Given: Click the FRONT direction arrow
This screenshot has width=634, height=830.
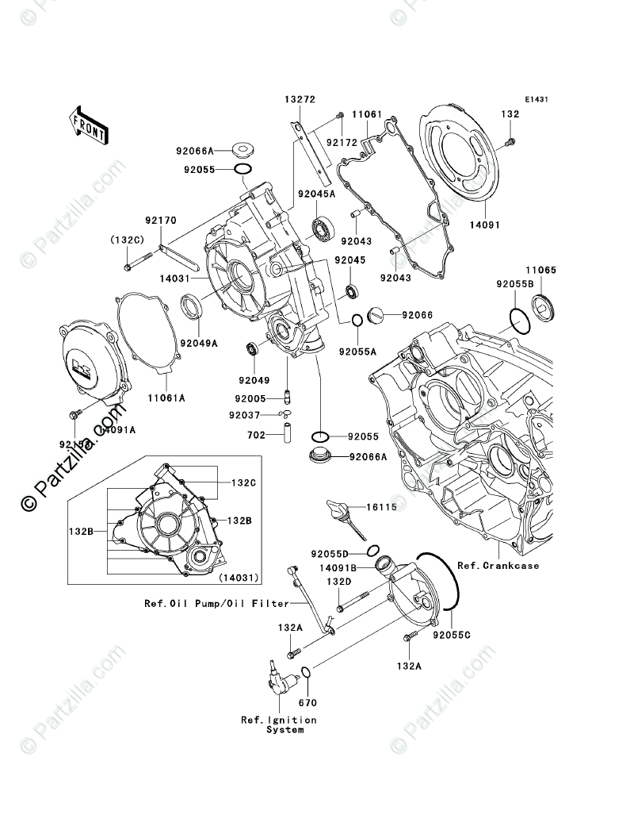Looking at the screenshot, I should tap(88, 125).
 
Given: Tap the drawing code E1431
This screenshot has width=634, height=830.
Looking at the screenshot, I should tap(536, 101).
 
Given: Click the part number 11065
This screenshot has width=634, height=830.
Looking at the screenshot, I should tap(543, 271).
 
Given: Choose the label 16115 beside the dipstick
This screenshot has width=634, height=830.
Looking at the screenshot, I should tap(381, 505).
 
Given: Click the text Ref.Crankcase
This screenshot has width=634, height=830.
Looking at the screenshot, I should tap(498, 566).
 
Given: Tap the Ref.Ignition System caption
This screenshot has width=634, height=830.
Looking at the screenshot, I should tap(279, 724).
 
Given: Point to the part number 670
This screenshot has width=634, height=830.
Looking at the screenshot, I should tap(307, 702).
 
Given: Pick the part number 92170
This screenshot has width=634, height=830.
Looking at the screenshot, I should tap(160, 222).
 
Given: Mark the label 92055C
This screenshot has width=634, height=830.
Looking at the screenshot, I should tap(451, 635).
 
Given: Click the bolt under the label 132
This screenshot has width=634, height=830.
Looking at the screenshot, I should tap(509, 143).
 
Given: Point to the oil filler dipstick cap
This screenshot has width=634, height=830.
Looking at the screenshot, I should tap(339, 509).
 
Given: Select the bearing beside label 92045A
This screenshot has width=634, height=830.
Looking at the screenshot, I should tap(323, 228).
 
